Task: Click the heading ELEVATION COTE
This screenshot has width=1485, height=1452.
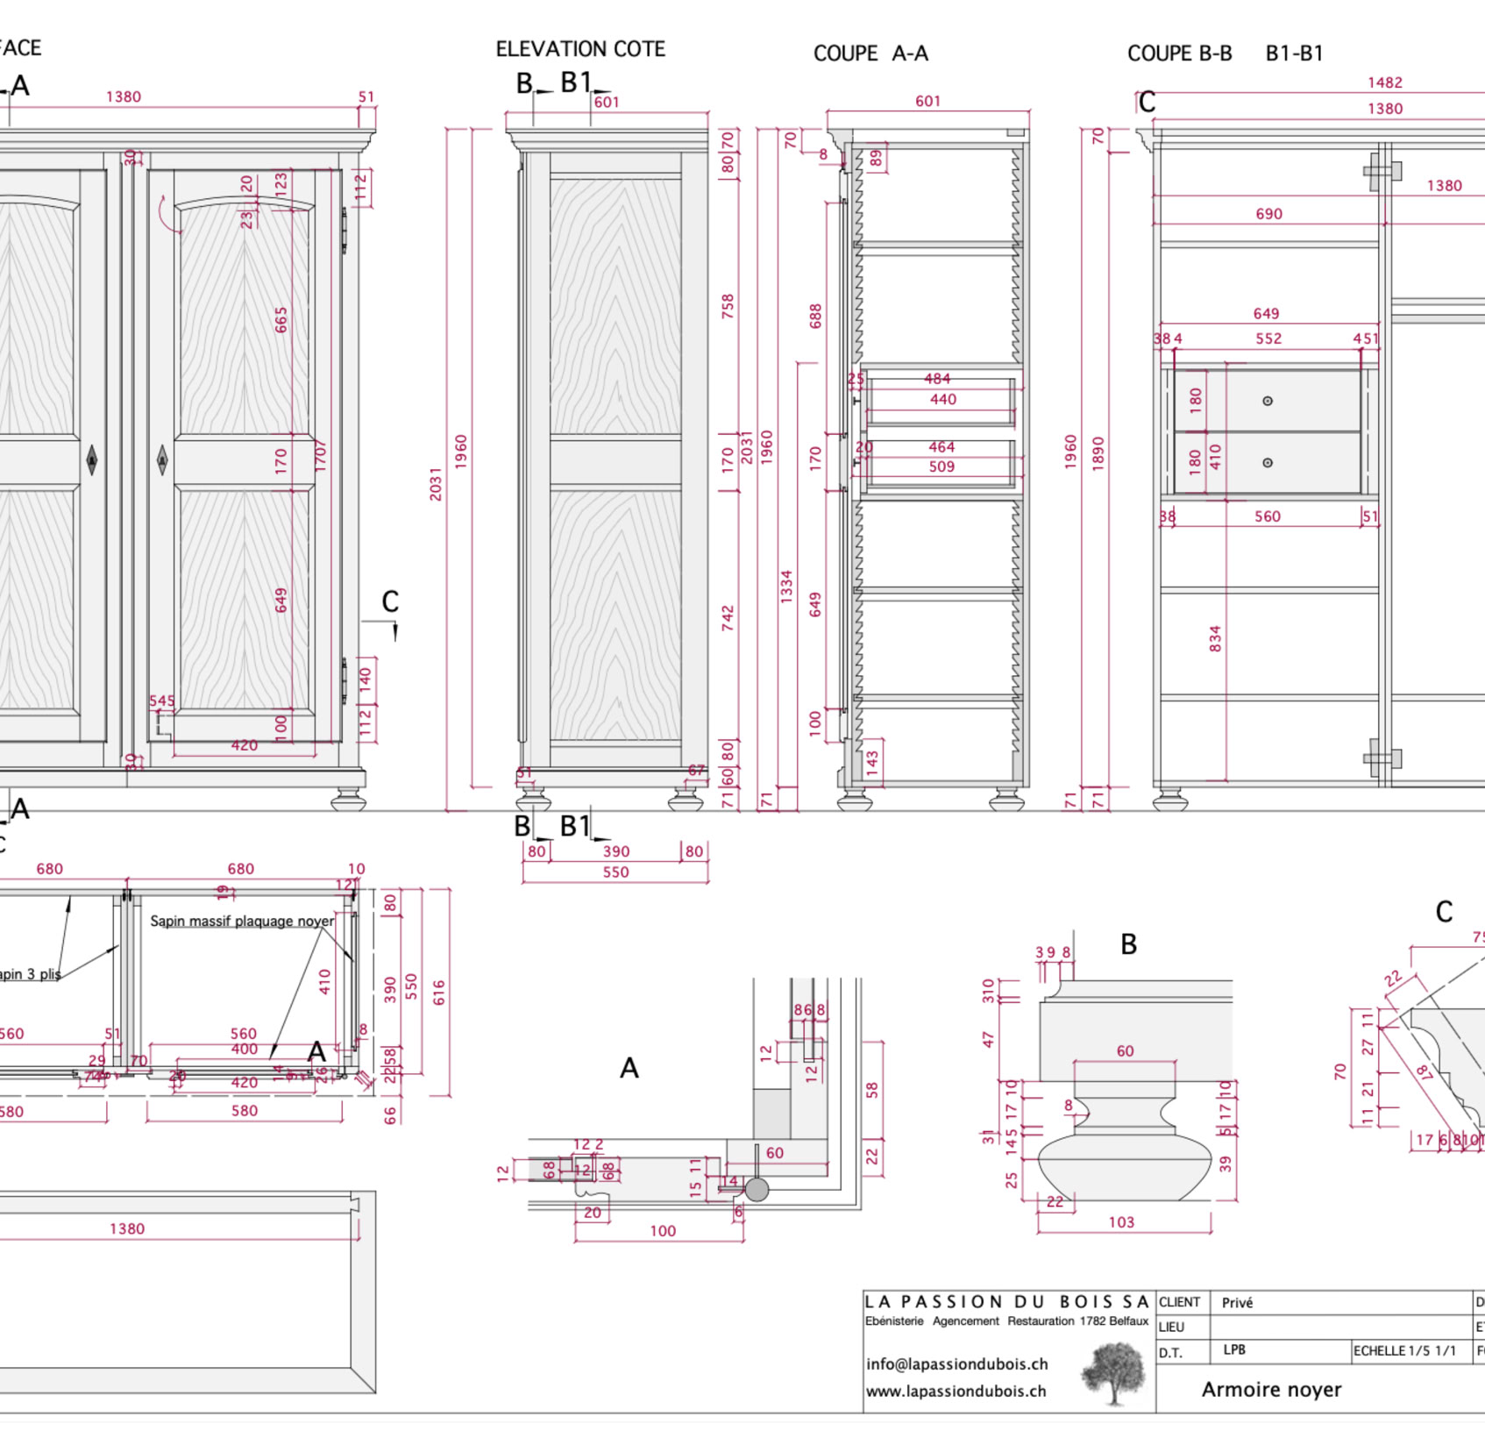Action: click(x=580, y=49)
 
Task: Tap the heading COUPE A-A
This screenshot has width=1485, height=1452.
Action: click(x=870, y=53)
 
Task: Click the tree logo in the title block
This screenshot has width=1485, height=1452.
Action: click(x=1113, y=1373)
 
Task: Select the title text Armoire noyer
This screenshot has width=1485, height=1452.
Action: click(x=1271, y=1389)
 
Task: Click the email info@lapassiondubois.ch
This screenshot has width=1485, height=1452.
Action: click(x=956, y=1363)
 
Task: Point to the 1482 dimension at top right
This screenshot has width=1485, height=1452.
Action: click(x=1384, y=82)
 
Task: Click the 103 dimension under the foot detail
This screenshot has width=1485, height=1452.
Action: click(x=1121, y=1221)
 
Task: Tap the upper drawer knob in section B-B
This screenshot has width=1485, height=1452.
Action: click(x=1267, y=401)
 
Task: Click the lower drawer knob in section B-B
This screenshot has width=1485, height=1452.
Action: click(x=1267, y=463)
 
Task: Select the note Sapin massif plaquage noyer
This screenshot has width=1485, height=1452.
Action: click(x=242, y=921)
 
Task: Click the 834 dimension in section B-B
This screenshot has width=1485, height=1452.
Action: click(x=1215, y=638)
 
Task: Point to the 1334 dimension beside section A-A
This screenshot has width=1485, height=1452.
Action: click(x=786, y=586)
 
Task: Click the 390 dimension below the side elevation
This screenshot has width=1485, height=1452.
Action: click(x=615, y=851)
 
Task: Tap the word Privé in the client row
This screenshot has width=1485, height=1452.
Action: click(x=1237, y=1303)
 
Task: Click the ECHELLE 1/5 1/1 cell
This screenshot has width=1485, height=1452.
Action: click(x=1404, y=1350)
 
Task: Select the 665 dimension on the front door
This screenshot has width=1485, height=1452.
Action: click(x=281, y=320)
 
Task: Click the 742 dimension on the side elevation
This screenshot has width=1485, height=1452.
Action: click(x=728, y=617)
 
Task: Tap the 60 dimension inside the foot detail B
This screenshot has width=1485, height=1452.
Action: click(x=1125, y=1050)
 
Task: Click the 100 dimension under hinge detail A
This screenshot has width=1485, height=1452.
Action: click(x=663, y=1230)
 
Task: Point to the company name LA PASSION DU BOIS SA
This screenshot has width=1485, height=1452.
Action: click(x=1005, y=1301)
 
